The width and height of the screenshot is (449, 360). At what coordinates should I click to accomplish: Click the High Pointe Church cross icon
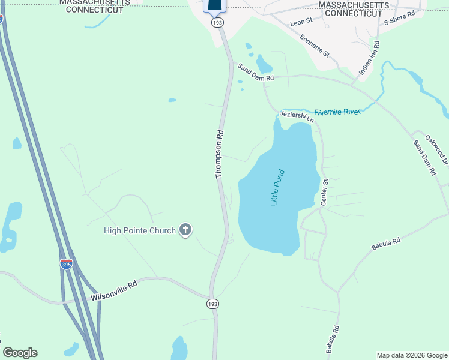pyautogui.click(x=185, y=230)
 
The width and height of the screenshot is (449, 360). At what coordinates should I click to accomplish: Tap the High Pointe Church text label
pyautogui.click(x=140, y=230)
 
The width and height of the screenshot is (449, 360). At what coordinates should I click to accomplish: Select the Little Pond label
pyautogui.click(x=277, y=188)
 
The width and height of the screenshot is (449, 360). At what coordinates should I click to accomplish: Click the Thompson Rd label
pyautogui.click(x=220, y=154)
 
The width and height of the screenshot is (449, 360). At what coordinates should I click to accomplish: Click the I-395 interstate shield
pyautogui.click(x=66, y=263)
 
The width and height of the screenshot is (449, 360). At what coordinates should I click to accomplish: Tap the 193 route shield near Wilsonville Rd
pyautogui.click(x=213, y=304)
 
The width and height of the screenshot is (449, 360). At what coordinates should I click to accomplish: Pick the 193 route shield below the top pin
pyautogui.click(x=216, y=22)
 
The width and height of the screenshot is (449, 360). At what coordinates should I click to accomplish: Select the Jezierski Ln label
pyautogui.click(x=296, y=115)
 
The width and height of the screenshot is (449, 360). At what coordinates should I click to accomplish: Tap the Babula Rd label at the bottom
pyautogui.click(x=333, y=339)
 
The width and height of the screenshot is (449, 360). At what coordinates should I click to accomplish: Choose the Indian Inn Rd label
pyautogui.click(x=369, y=58)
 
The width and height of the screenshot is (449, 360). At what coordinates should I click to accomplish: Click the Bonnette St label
pyautogui.click(x=315, y=46)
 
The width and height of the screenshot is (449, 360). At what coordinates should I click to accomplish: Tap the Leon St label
pyautogui.click(x=301, y=22)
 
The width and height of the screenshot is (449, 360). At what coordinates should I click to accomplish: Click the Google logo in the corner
pyautogui.click(x=20, y=353)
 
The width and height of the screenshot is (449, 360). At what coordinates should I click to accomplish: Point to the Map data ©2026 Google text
pyautogui.click(x=412, y=355)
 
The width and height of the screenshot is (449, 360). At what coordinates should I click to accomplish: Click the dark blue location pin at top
pyautogui.click(x=216, y=5)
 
